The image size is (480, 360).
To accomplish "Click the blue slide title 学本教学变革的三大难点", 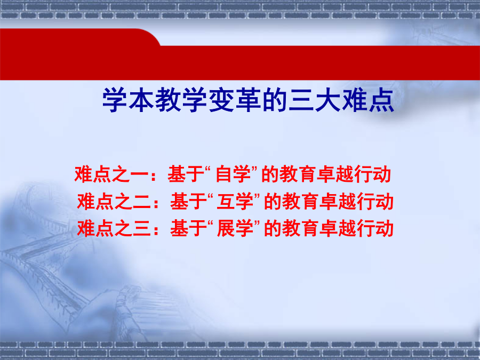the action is click(x=248, y=100).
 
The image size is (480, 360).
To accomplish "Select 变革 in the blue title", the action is click(x=235, y=100).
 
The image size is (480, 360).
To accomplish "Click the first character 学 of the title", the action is click(x=115, y=100).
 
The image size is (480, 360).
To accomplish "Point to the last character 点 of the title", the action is click(x=381, y=100).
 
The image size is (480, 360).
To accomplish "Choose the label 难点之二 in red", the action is click(x=114, y=202).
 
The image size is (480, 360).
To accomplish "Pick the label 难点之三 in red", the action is click(x=114, y=228).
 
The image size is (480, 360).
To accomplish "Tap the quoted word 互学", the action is click(x=235, y=202).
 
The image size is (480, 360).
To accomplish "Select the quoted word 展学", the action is click(x=235, y=228).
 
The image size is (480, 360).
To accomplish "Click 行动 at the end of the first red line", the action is click(x=373, y=174).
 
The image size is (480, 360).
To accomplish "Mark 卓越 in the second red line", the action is click(x=338, y=202).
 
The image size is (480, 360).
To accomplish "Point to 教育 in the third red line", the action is click(x=301, y=228).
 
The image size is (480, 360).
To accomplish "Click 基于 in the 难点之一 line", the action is click(x=186, y=174).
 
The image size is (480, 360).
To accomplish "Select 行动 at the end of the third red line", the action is click(x=375, y=228).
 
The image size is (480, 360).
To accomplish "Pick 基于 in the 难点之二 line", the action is click(x=188, y=202).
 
